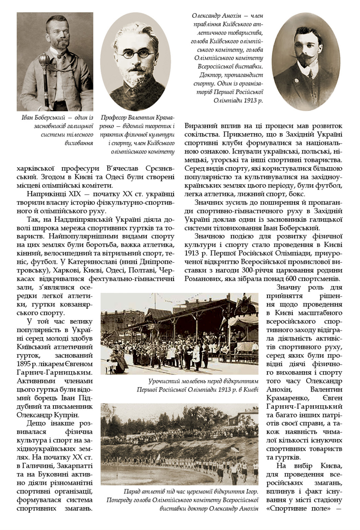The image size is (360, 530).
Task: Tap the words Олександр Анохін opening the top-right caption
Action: [x=214, y=16]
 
